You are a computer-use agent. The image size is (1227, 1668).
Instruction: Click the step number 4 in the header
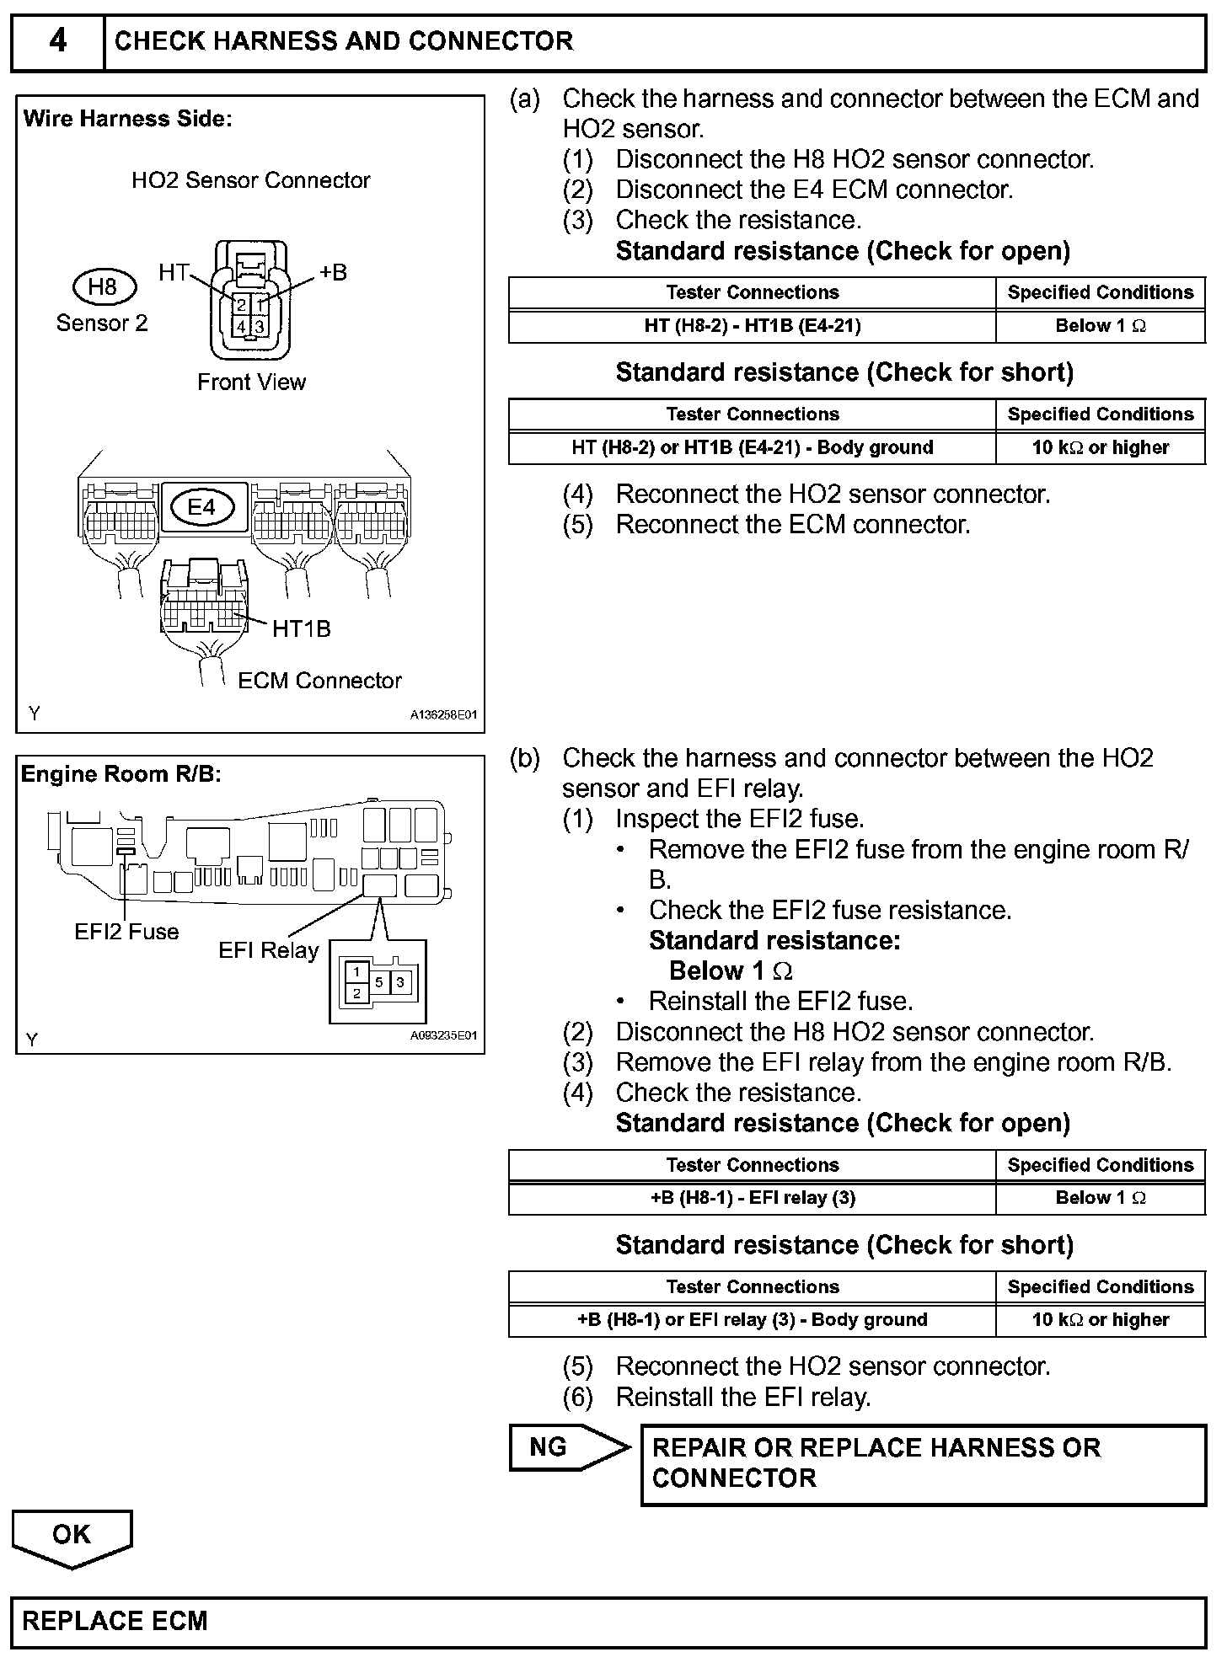click(57, 40)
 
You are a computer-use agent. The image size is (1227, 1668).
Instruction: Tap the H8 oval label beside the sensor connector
click(103, 286)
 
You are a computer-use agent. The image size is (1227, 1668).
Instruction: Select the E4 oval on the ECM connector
click(202, 506)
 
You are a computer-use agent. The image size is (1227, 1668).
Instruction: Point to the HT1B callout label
click(302, 628)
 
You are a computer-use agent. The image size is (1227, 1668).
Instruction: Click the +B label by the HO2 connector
click(333, 272)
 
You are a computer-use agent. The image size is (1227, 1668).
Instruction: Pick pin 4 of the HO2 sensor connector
click(241, 327)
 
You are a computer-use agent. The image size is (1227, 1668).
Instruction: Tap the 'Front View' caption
click(251, 382)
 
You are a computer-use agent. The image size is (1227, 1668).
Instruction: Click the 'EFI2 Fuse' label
click(126, 932)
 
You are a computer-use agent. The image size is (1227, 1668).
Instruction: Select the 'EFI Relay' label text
click(268, 950)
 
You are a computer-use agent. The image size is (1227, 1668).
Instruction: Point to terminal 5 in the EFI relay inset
click(379, 982)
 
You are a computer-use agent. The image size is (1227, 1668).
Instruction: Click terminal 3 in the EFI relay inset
click(400, 982)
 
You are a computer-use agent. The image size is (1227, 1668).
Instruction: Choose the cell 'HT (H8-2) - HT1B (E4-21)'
click(752, 326)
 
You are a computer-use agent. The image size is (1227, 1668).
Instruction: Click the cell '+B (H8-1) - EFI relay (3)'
click(752, 1198)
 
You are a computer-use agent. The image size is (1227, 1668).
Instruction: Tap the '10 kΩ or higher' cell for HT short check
click(1100, 447)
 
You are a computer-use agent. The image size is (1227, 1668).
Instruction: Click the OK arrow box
click(72, 1534)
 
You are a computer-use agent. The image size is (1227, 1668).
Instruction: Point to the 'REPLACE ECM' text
click(115, 1622)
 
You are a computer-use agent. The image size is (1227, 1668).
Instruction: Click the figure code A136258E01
click(443, 715)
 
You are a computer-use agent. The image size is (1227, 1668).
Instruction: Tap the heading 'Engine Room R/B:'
click(121, 774)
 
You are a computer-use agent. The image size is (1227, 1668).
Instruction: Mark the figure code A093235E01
click(443, 1035)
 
